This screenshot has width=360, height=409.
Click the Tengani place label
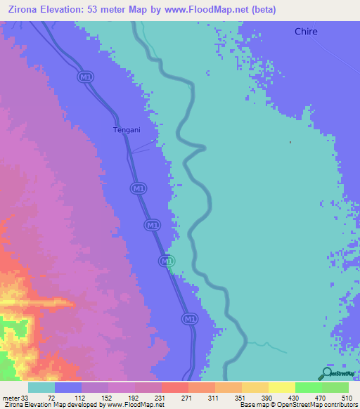(x=127, y=129)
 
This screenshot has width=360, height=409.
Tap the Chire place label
(x=306, y=32)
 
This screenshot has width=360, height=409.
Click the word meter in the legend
(x=11, y=398)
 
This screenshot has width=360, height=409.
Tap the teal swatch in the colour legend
(x=41, y=387)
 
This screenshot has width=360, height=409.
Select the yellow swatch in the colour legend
(x=281, y=387)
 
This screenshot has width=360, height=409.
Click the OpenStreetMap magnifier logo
(x=328, y=373)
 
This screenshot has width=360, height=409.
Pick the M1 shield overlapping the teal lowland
(x=166, y=261)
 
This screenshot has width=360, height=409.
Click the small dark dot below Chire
(x=291, y=142)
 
